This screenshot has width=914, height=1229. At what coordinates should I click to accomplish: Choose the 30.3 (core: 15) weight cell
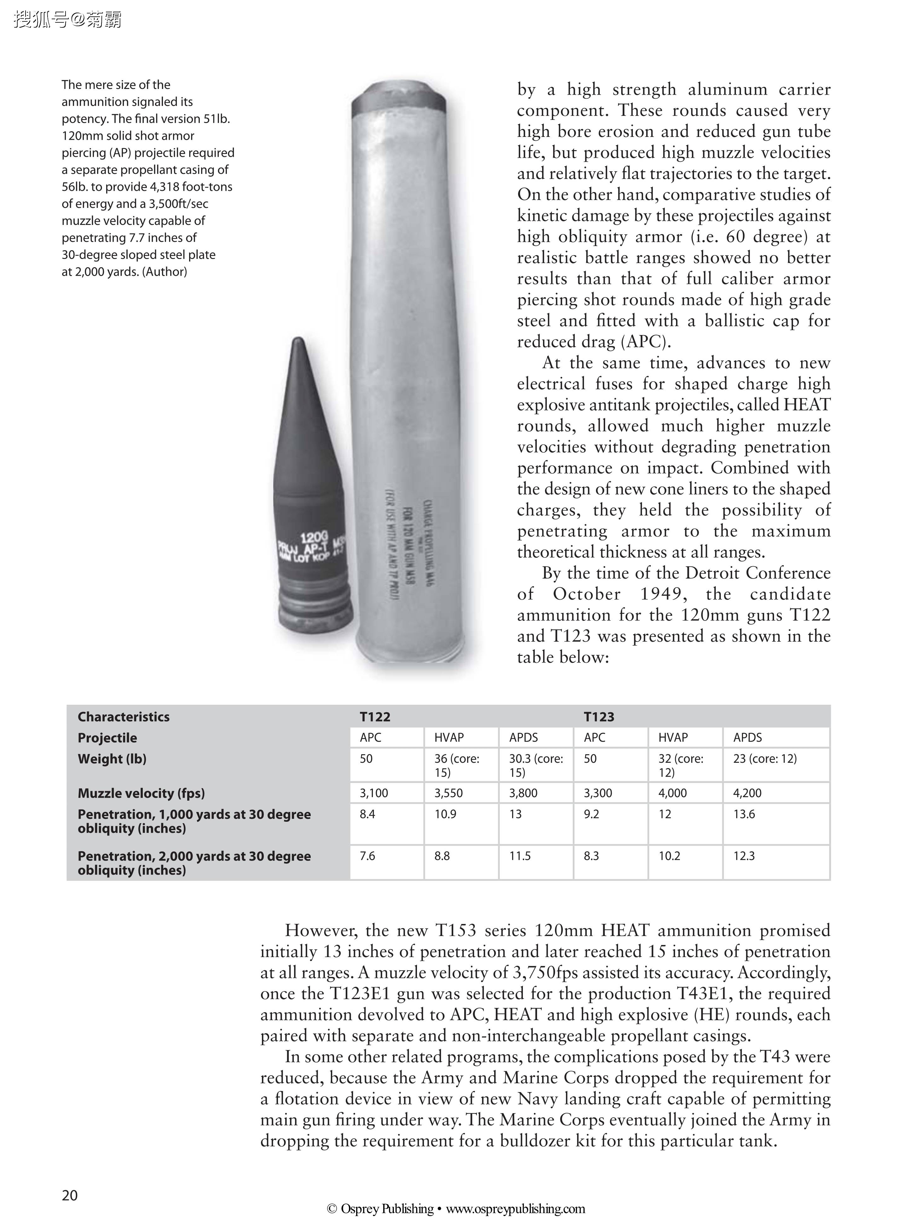[x=535, y=765]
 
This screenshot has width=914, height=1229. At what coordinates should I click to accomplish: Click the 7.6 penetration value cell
[x=367, y=856]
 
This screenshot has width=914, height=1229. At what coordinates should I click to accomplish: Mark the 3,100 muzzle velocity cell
[x=374, y=793]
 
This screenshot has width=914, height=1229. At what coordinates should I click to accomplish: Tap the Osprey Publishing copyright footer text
[x=456, y=1208]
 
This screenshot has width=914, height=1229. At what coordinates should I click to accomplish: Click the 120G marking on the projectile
[x=314, y=537]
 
